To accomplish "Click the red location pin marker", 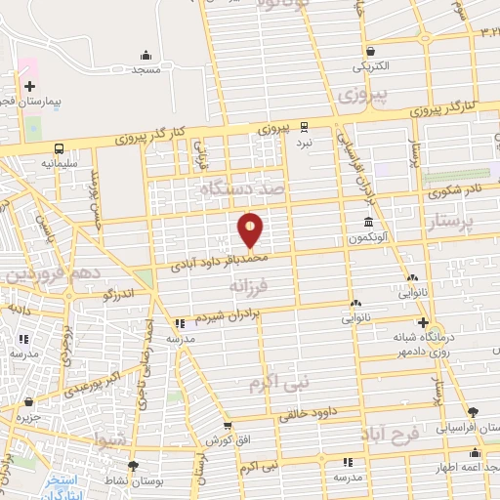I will tap(251, 230).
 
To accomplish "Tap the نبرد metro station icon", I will tap(303, 126).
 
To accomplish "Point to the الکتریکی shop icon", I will tap(370, 52).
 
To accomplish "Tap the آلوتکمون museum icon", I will tap(368, 222).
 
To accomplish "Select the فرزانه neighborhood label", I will tap(249, 287).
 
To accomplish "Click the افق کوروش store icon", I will tap(228, 426).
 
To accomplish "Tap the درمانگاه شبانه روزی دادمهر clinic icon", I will tap(422, 322).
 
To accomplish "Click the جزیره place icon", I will tap(29, 401).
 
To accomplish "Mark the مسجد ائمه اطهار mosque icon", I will tap(476, 452).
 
